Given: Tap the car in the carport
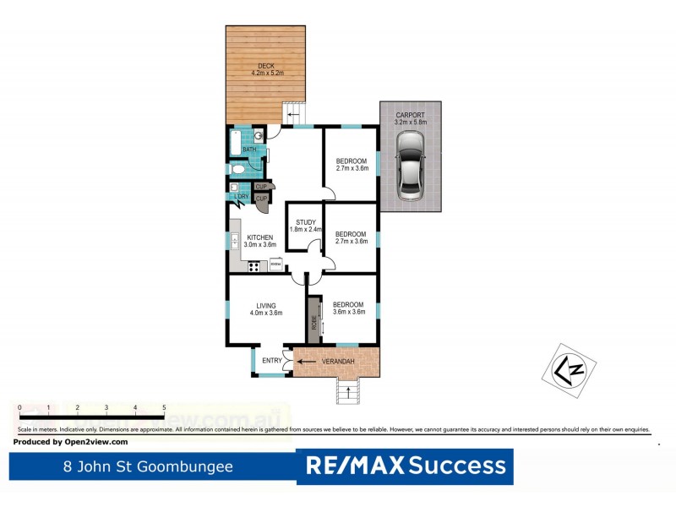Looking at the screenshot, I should [410, 173].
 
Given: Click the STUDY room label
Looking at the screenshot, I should [305, 223].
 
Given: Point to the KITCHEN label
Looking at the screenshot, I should [259, 237].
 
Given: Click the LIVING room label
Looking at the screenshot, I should [264, 306].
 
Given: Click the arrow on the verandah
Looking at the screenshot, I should [309, 363].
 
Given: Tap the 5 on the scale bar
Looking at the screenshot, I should [164, 407].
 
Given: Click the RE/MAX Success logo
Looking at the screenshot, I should [406, 466].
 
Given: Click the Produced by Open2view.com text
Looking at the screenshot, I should [72, 442].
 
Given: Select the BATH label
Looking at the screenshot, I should [249, 150].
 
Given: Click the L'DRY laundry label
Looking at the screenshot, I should [242, 198].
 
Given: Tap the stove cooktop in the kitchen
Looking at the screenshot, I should [253, 267].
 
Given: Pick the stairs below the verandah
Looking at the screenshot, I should [347, 390].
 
